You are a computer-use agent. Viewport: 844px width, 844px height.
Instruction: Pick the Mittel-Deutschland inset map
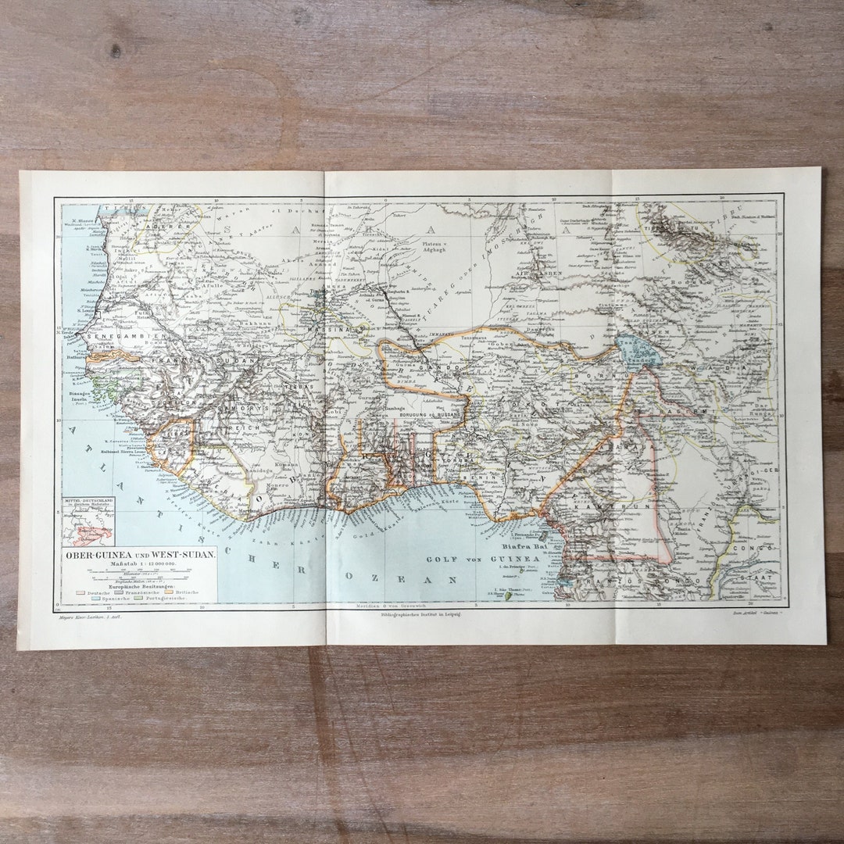tap(88, 521)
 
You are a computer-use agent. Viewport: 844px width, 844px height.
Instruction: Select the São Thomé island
tap(509, 595)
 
